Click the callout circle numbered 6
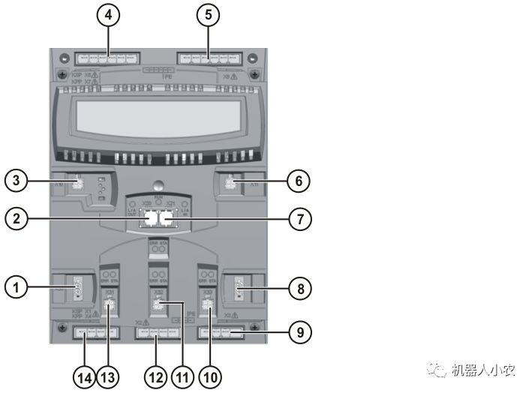coord(298,181)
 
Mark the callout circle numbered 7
coord(298,219)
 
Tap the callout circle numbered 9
coord(298,331)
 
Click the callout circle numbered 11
coord(182,376)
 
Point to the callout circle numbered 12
coord(155,376)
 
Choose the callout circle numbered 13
coord(110,376)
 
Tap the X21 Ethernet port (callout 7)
coord(166,220)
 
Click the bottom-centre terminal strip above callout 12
coord(155,331)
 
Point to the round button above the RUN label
coord(156,185)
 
